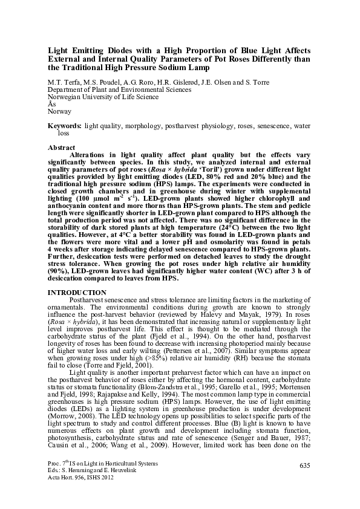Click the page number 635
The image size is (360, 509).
[x=304, y=464]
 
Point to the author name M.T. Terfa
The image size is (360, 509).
[x=64, y=82]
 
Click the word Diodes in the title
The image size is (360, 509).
[x=125, y=51]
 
